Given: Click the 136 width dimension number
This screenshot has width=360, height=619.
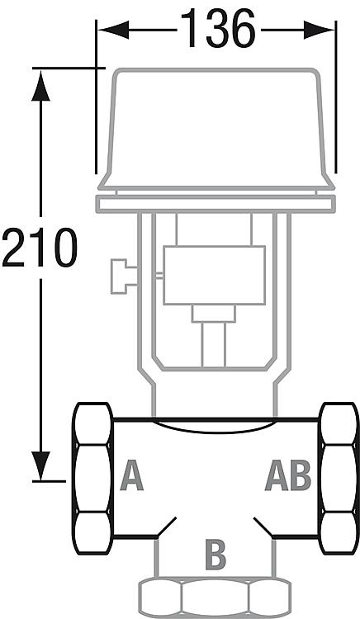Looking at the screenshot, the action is point(218,28).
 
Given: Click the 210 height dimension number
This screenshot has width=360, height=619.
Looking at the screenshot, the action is point(39,248).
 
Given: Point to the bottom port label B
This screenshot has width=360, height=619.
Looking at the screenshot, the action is point(216,555).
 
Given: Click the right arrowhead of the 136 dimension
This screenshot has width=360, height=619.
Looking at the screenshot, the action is point(319,30).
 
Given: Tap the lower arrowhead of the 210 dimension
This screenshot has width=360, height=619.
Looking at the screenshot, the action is point(40,465).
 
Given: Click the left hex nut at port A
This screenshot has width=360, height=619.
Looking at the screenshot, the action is point(92,478).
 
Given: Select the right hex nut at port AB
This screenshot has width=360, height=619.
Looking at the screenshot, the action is point(339,478).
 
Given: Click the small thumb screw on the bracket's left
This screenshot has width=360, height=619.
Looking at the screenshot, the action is point(124,276).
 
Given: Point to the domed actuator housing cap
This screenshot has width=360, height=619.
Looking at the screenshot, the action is point(216,129).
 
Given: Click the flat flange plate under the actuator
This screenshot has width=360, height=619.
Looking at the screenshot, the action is point(216,204).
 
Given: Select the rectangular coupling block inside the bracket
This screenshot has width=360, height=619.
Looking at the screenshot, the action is point(214,275).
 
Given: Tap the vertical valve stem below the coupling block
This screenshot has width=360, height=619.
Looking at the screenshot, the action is point(214,344).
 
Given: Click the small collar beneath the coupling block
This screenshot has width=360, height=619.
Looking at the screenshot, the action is point(214,314).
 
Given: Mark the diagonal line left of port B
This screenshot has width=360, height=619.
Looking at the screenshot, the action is point(166,527).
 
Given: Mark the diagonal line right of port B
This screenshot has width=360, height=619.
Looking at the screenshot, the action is point(263,527).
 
